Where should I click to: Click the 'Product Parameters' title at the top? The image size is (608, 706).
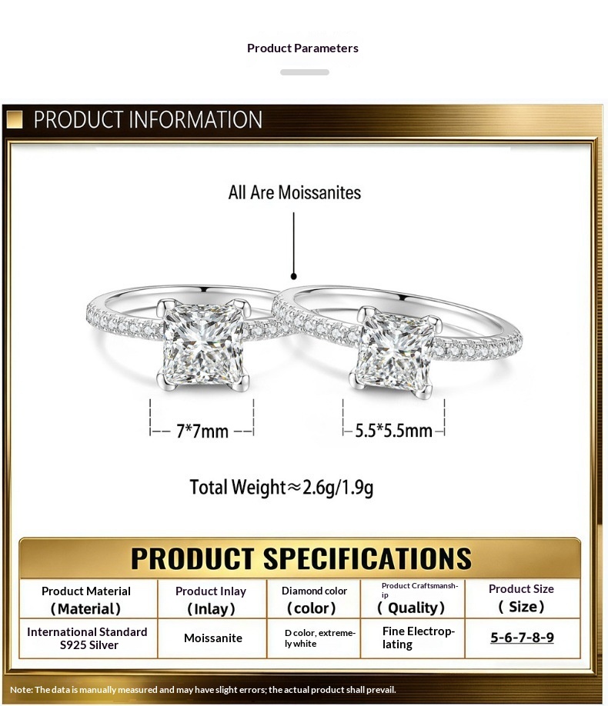302,48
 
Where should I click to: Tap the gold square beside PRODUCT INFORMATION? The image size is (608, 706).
15,120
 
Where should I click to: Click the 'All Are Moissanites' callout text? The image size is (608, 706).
294,193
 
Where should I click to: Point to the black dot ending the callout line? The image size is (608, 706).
294,276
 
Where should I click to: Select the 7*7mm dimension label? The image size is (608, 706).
202,431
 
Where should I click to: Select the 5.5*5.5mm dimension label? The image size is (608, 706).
393,431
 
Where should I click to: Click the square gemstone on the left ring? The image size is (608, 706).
203,344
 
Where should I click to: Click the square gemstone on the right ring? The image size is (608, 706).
395,351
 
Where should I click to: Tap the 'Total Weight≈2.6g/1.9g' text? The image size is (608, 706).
281,488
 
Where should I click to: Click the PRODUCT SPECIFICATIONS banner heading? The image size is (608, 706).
301,558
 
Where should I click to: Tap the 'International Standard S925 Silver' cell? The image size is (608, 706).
88,638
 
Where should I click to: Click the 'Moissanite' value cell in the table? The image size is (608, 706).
213,638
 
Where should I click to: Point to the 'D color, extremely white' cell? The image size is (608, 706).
320,638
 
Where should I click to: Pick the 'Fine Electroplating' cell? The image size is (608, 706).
418,638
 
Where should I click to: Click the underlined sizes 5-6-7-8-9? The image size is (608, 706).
522,638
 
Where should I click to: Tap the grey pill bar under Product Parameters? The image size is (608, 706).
305,72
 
